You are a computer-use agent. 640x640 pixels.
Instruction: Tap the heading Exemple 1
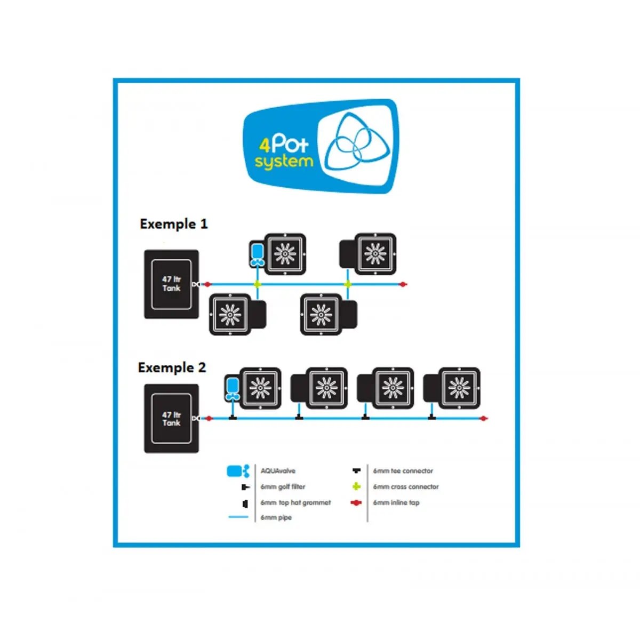173,224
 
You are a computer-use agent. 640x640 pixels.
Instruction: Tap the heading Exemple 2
172,367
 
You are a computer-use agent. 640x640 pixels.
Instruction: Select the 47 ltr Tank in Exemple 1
171,284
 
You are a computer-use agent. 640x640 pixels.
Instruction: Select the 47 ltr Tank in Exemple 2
171,419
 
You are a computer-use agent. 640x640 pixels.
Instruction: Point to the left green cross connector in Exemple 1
258,284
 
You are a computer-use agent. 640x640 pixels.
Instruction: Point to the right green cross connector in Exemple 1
348,284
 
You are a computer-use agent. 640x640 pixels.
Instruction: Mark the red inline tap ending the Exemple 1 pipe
404,284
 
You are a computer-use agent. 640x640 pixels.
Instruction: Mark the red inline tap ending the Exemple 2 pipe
484,419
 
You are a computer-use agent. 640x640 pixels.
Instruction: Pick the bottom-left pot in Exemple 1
230,315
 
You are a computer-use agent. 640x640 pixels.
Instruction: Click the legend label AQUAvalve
278,471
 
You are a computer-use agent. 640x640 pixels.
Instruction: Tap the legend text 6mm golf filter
283,487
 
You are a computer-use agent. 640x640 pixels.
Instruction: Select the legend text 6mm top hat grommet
295,502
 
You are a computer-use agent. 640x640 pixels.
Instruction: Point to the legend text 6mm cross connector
406,487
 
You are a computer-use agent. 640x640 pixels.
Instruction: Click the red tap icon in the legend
356,502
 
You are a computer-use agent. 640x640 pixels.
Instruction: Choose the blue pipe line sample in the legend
238,517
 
